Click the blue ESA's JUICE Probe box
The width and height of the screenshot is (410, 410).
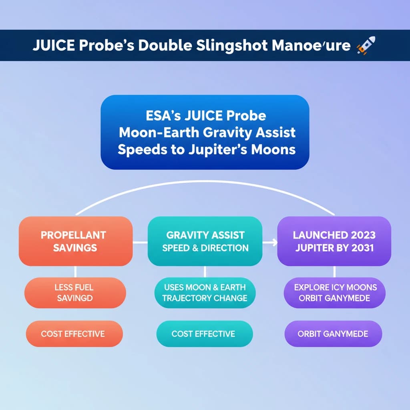(x=205, y=132)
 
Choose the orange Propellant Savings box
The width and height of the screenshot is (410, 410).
(x=76, y=241)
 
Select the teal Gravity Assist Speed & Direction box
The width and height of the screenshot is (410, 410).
(x=205, y=241)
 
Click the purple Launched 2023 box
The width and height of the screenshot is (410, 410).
(x=334, y=241)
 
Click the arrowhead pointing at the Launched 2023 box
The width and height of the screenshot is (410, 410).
(x=274, y=242)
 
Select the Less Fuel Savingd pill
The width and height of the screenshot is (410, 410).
(x=75, y=293)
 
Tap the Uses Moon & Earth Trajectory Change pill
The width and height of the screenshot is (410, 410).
(x=205, y=293)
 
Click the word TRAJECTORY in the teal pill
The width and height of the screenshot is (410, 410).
(x=190, y=299)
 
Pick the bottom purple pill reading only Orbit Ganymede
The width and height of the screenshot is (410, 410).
(x=333, y=334)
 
